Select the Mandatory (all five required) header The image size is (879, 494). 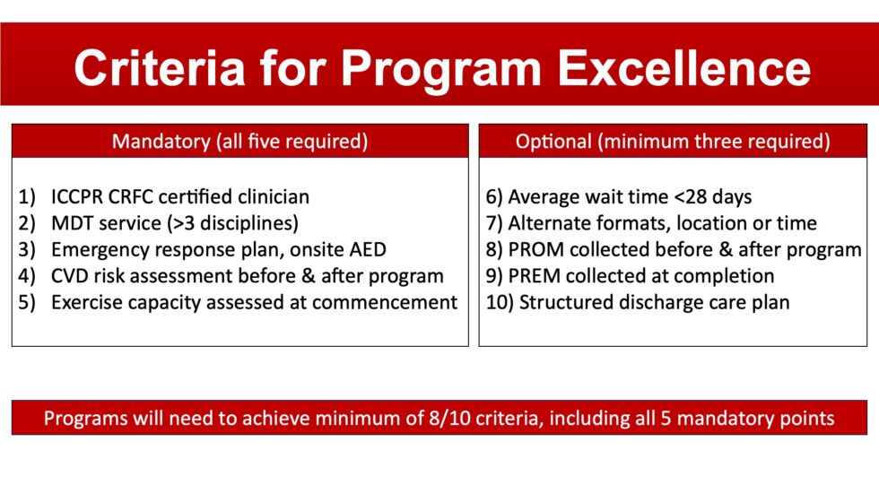pos(239,142)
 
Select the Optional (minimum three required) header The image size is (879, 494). pos(673,142)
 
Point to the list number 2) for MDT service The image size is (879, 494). pos(28,223)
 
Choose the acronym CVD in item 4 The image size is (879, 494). pos(72,276)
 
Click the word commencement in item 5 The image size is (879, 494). pos(387,302)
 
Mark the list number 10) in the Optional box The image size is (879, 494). pos(497,302)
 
